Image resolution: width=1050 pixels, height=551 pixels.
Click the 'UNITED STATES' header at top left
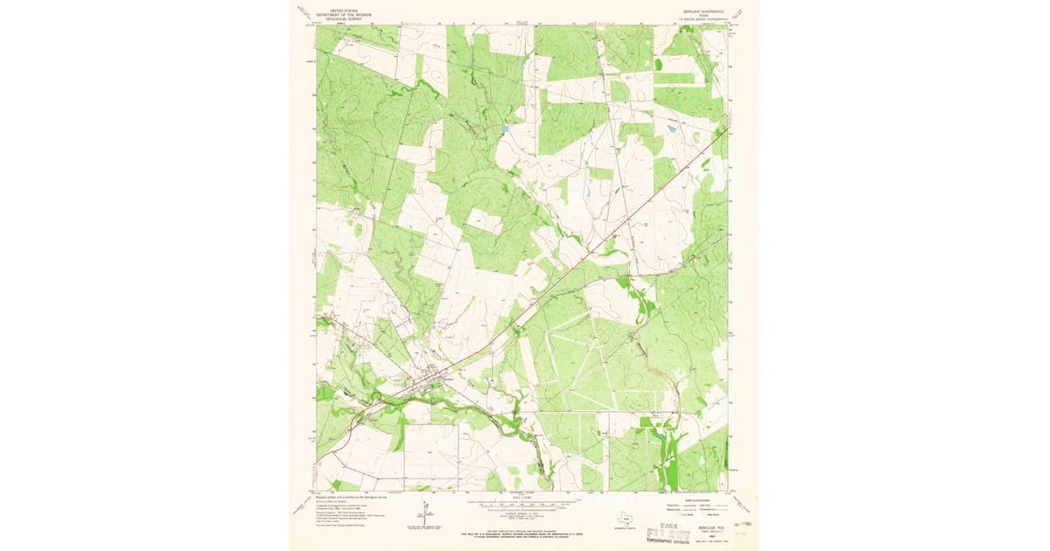(344, 10)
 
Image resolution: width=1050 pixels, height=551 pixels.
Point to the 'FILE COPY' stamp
(668, 535)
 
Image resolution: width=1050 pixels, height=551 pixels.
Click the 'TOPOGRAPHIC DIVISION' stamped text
(668, 541)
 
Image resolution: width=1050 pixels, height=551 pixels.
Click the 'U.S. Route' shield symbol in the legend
(679, 514)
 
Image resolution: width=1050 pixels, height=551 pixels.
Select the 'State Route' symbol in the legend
(703, 514)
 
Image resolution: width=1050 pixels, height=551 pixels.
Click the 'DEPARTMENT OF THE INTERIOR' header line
(344, 15)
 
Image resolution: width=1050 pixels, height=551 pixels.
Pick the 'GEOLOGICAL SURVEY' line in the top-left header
(344, 19)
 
